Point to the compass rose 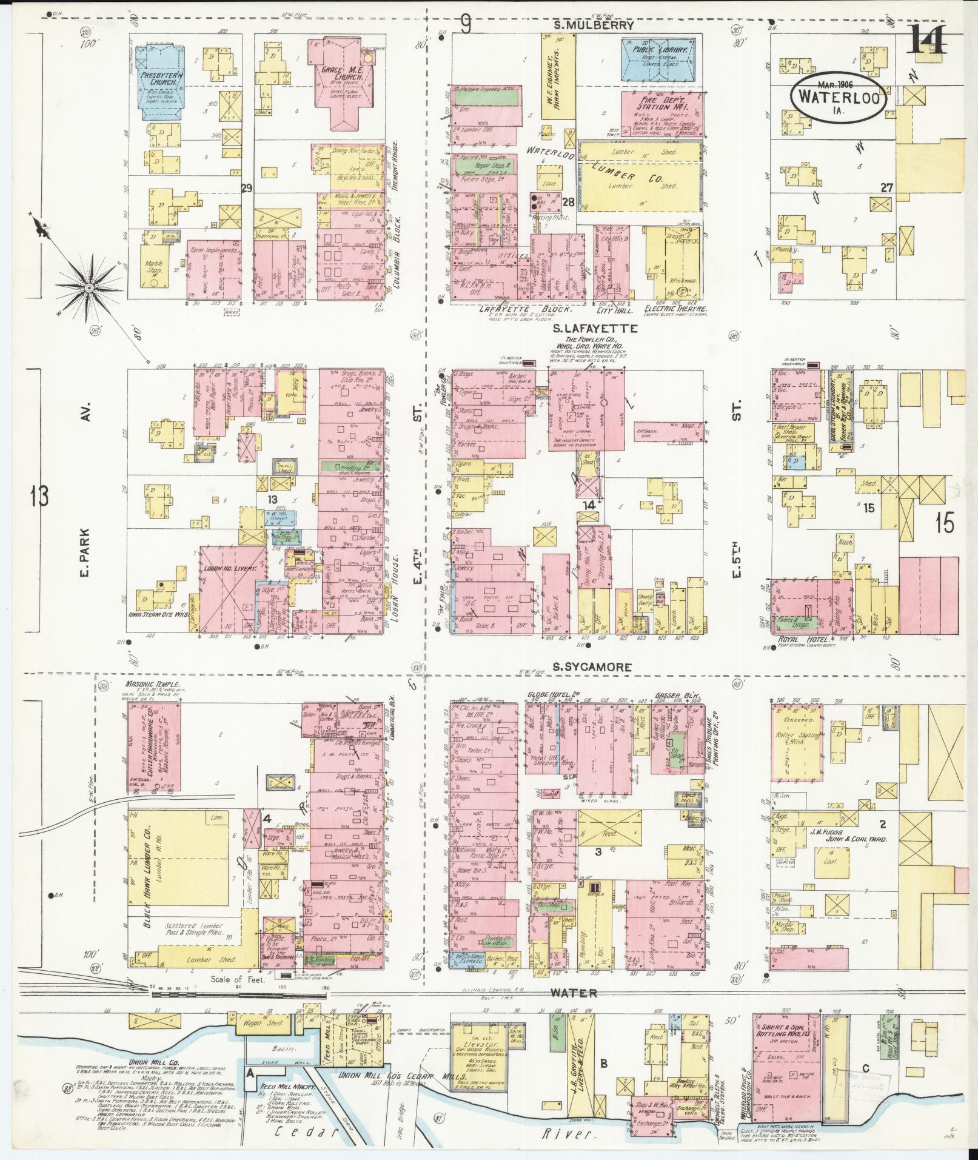coord(89,286)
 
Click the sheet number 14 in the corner coord(926,41)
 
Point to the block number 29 coord(246,188)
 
